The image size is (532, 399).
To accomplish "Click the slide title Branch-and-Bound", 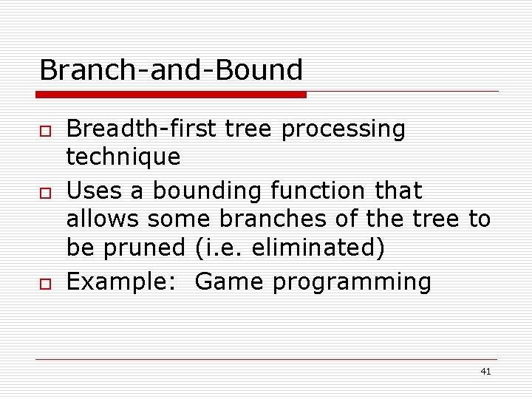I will coord(171,70).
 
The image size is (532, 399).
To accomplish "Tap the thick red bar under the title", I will coord(171,95).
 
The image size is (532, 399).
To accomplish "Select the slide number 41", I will coord(485,372).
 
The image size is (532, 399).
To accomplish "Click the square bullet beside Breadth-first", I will coord(45,131).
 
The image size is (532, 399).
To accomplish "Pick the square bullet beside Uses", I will coord(45,192).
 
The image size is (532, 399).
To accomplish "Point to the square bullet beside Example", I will coord(45,284).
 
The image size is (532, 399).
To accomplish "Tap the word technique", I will coord(123,157).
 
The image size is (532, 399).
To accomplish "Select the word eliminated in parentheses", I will coord(318,248).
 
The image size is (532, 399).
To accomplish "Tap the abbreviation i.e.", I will coord(222,248).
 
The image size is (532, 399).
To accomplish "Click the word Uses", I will coord(95,191).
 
